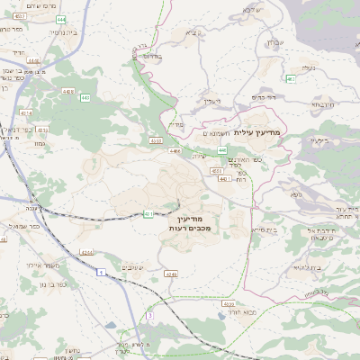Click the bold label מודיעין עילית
[256, 132]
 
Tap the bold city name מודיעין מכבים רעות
[189, 225]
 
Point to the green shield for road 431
[148, 214]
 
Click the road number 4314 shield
[26, 113]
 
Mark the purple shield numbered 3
[150, 317]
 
